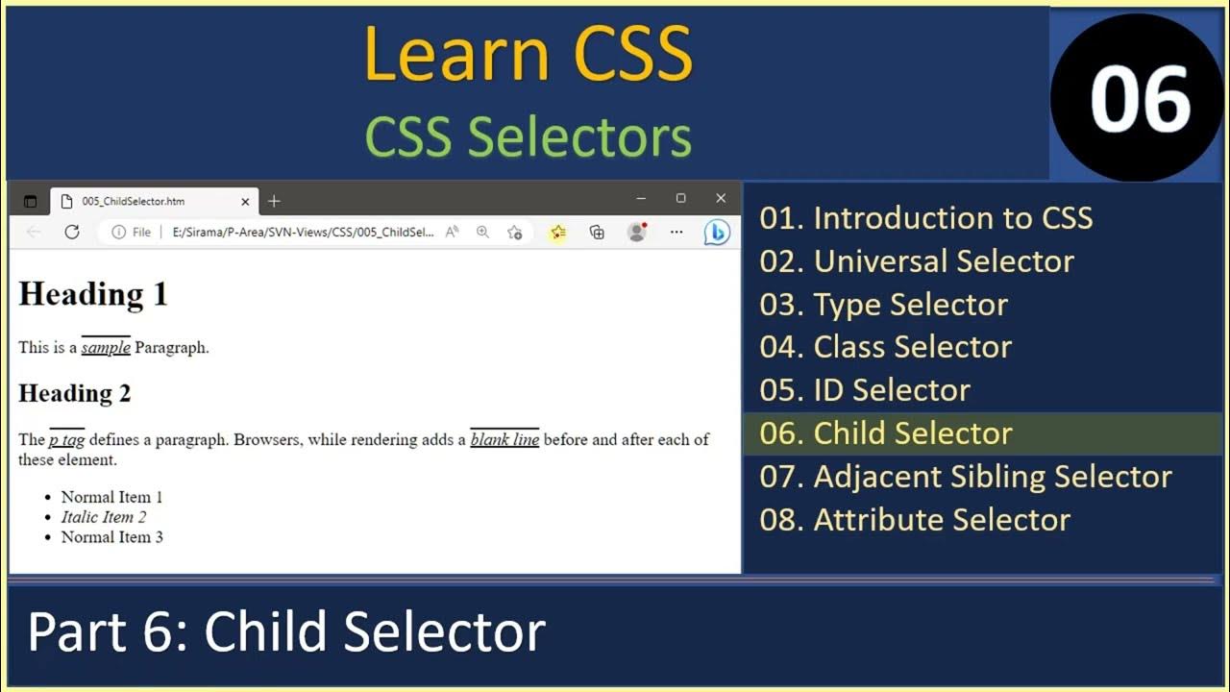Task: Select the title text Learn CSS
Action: click(x=528, y=55)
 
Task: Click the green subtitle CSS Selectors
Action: click(x=528, y=136)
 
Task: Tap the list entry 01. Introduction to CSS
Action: click(x=925, y=218)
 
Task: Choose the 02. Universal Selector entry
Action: click(x=916, y=261)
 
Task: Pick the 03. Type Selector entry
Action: click(x=883, y=305)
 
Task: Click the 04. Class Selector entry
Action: click(x=885, y=347)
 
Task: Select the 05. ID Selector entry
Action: click(x=864, y=390)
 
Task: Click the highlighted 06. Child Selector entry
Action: click(x=885, y=433)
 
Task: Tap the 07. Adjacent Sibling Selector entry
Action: click(x=965, y=477)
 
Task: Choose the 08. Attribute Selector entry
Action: click(x=914, y=520)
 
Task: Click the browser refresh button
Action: click(x=71, y=232)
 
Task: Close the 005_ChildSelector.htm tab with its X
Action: click(x=245, y=202)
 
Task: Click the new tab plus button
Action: click(x=274, y=201)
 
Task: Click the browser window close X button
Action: click(x=721, y=198)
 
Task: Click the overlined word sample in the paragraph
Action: click(x=106, y=348)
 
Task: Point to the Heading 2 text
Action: click(x=74, y=393)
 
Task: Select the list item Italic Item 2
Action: click(x=104, y=517)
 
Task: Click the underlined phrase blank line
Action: click(x=504, y=440)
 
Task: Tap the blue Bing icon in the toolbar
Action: click(x=717, y=233)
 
